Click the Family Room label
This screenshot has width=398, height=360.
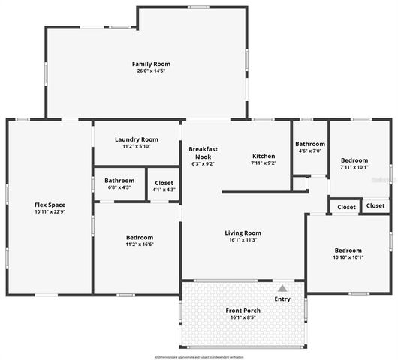(x=146, y=64)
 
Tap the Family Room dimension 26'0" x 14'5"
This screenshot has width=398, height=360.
(x=146, y=71)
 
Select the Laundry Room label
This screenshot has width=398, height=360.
(x=136, y=139)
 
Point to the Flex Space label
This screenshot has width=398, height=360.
(x=50, y=205)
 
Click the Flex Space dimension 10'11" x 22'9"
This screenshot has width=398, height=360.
(x=50, y=212)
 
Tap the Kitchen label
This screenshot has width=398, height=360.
(x=264, y=156)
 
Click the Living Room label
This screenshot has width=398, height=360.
(x=243, y=232)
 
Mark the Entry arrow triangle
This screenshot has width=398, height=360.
(x=282, y=288)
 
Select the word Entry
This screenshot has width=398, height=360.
(x=282, y=299)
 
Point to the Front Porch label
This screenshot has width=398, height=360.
(x=243, y=310)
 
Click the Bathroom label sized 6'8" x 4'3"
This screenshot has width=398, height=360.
(x=119, y=180)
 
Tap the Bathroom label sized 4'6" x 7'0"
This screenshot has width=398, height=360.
(x=310, y=144)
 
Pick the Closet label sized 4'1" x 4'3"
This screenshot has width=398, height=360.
(x=164, y=182)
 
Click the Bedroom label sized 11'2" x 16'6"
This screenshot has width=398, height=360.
(x=140, y=237)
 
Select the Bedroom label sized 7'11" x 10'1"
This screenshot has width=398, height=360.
(x=354, y=160)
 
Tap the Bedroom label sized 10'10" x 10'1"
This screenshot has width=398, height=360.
(x=348, y=250)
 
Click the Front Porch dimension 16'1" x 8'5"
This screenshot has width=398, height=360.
(x=243, y=317)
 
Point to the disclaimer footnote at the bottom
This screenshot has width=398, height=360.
(x=199, y=356)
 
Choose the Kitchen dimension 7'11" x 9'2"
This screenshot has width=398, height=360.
(x=264, y=163)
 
